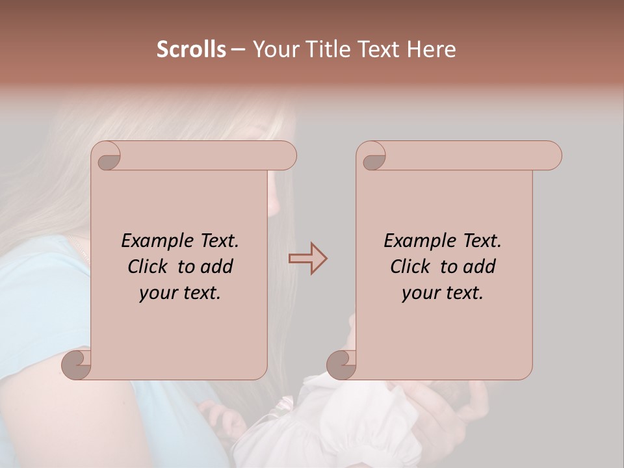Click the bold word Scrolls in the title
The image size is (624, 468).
(191, 49)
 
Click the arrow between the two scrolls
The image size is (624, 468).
(308, 259)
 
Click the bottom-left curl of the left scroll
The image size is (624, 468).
(76, 365)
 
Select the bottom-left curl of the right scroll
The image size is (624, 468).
(341, 365)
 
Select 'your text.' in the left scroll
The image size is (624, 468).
(179, 292)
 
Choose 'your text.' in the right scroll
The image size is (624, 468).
(442, 292)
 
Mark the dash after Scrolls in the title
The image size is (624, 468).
(238, 50)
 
